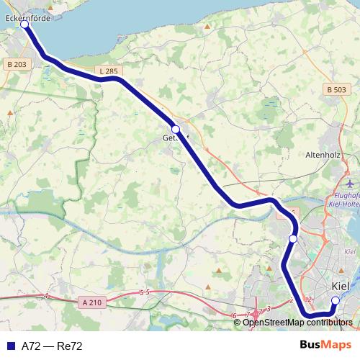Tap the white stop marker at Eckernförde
24,24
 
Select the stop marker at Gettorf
175,130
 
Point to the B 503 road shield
336,89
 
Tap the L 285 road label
109,71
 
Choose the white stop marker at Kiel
335,300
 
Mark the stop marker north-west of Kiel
293,238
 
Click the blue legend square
10,346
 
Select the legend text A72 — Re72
52,346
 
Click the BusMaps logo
325,346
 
